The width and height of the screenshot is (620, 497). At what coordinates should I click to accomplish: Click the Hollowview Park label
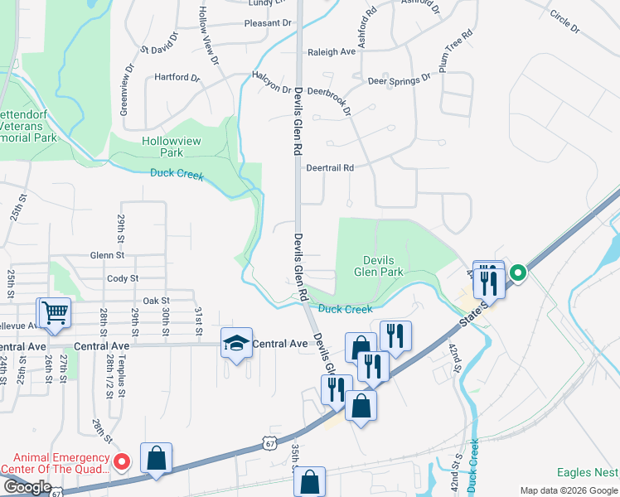[172, 147]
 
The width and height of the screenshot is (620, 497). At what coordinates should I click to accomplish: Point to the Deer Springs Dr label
[400, 80]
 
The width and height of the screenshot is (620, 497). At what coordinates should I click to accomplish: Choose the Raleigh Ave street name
[331, 51]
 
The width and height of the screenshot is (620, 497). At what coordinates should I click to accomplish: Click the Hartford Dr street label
[177, 78]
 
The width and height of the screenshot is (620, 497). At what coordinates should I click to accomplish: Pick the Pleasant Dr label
[268, 23]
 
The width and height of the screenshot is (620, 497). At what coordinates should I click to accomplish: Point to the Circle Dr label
[564, 22]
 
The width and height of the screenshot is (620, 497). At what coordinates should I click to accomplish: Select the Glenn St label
[107, 256]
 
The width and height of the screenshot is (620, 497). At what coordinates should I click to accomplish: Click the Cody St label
[123, 279]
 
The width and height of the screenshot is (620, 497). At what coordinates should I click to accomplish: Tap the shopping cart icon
[55, 313]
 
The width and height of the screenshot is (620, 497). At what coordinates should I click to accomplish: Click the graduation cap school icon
[235, 342]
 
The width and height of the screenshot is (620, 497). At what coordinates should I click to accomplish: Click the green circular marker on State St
[518, 273]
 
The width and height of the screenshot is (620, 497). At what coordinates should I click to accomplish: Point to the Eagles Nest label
[587, 473]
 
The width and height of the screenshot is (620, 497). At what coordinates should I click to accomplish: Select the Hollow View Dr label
[207, 36]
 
